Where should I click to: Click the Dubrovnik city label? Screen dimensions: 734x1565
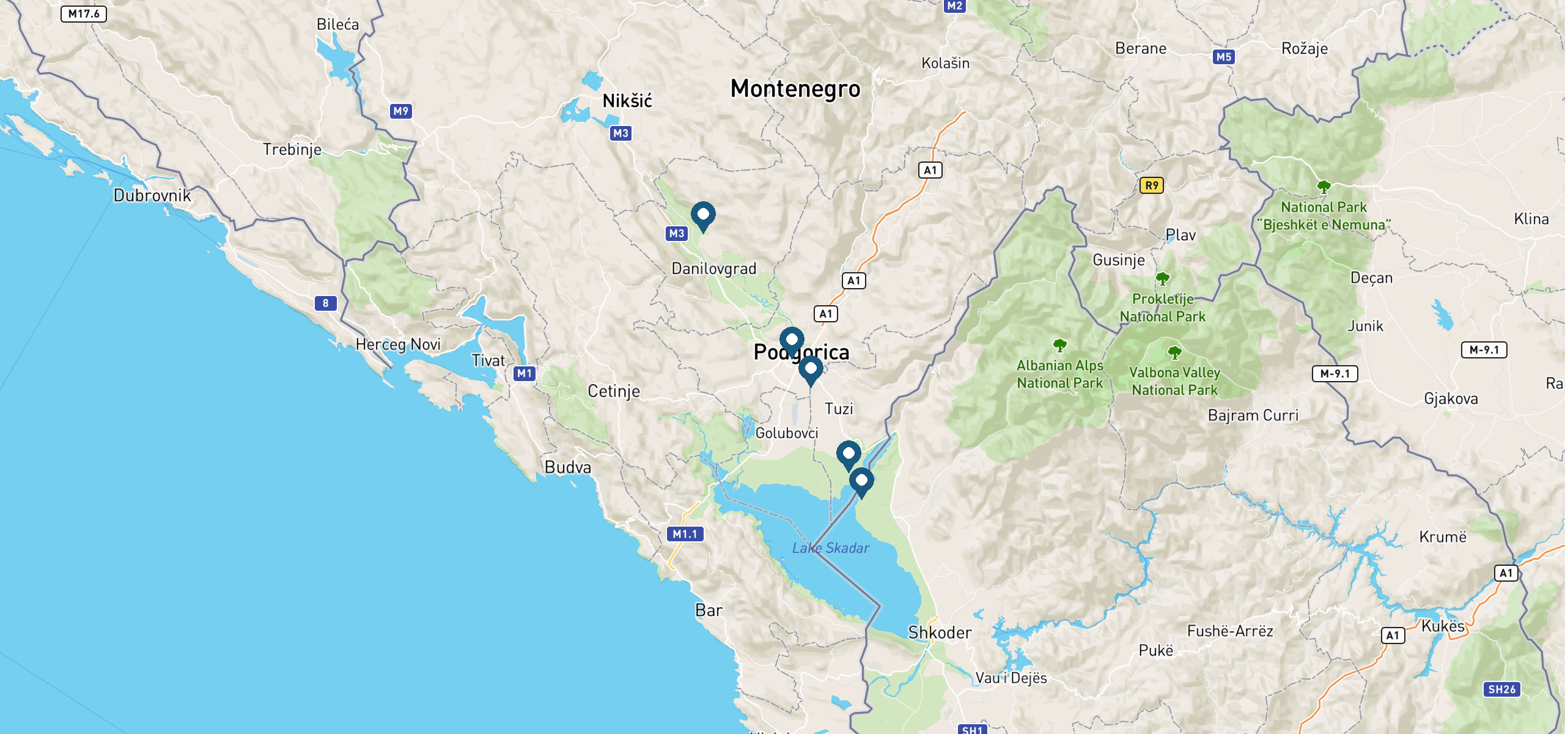(152, 196)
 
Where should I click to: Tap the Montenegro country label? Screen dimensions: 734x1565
(795, 89)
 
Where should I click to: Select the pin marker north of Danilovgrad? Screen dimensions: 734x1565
(703, 215)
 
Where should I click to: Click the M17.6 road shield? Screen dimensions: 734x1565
(84, 14)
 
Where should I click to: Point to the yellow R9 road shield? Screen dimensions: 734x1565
(1151, 185)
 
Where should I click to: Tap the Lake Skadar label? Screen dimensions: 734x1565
(830, 548)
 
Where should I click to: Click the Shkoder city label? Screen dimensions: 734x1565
(940, 632)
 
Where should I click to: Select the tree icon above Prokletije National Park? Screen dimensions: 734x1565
(1162, 279)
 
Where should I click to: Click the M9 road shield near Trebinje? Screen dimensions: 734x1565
(400, 111)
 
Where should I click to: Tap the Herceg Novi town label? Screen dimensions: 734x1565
(398, 345)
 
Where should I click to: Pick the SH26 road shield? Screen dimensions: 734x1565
(1501, 689)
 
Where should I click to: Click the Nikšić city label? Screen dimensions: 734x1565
(627, 101)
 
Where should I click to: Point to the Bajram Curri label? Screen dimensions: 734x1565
(1253, 415)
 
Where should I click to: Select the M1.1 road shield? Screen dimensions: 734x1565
(685, 534)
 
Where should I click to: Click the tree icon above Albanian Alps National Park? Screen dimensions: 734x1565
(1059, 346)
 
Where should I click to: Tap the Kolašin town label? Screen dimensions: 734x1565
(945, 64)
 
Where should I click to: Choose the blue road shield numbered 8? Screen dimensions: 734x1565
(325, 303)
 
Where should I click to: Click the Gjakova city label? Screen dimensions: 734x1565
(1451, 399)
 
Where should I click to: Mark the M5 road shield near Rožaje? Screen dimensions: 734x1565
(1223, 57)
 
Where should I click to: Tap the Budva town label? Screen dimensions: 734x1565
(568, 468)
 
